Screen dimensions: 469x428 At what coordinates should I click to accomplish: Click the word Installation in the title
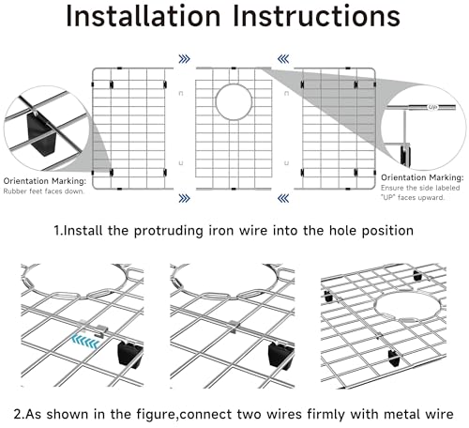tap(144, 16)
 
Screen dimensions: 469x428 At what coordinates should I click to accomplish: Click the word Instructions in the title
tap(316, 16)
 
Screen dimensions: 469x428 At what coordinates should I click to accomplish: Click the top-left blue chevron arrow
tap(184, 59)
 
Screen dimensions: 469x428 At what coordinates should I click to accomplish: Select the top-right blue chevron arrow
tap(283, 59)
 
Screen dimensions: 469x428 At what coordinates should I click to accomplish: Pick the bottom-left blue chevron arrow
tap(184, 198)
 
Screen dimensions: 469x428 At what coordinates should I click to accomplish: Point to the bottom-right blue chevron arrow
tap(283, 198)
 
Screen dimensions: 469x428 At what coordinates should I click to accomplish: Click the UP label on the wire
tap(432, 107)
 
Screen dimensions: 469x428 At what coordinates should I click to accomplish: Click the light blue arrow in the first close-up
tap(85, 342)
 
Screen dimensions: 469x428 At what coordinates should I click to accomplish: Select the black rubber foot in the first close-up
tap(129, 355)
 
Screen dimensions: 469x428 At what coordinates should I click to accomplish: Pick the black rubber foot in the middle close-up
tap(280, 356)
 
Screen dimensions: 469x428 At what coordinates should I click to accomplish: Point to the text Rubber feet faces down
tap(44, 191)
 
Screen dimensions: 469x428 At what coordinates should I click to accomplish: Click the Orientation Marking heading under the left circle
tap(45, 181)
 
